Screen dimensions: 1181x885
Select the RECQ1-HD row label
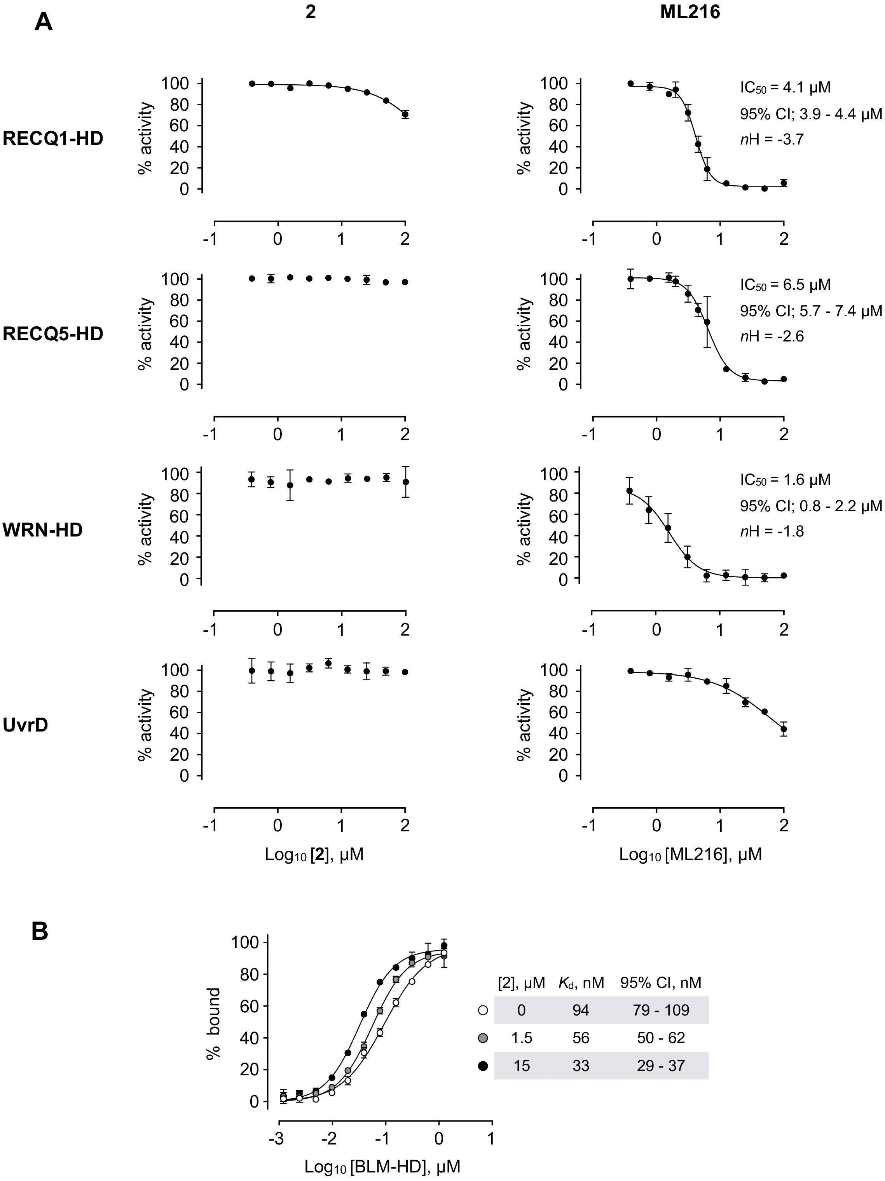53,139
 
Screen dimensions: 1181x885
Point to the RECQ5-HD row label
53,334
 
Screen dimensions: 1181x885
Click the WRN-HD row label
43,530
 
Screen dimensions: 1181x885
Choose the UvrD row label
26,726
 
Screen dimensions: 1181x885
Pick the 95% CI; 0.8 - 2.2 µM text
810,505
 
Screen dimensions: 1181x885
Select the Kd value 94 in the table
581,1010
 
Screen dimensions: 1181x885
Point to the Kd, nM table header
581,982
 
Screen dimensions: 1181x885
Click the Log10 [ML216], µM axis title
690,855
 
